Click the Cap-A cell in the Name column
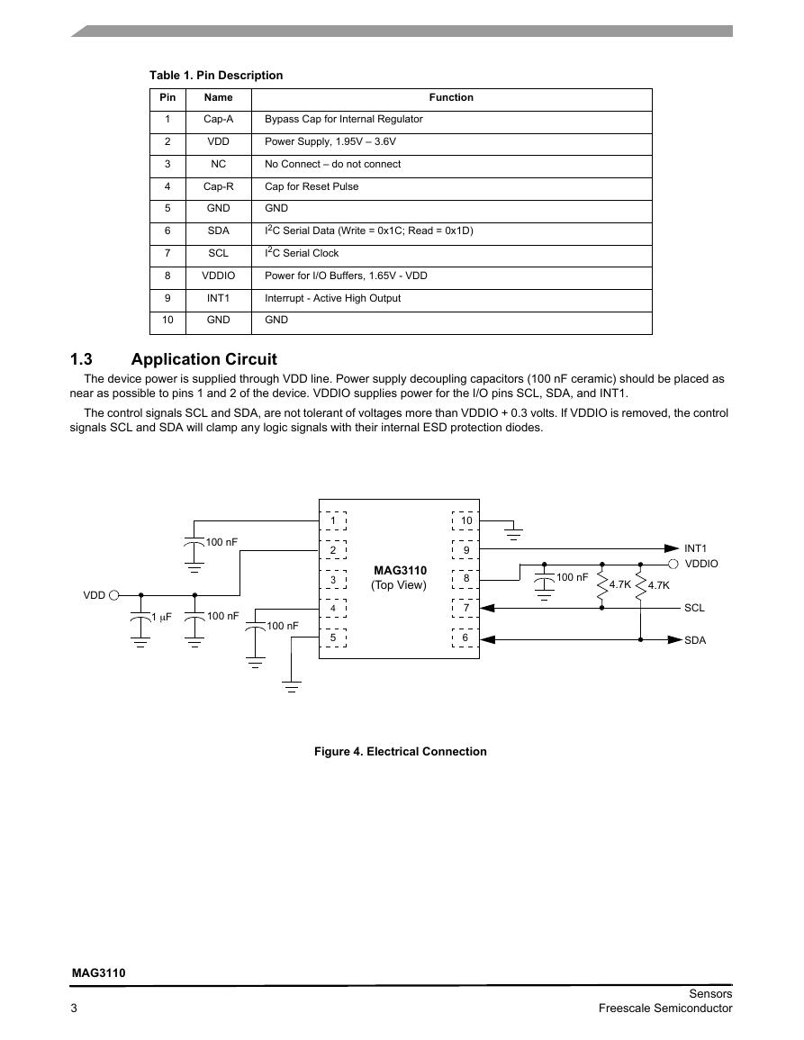218,120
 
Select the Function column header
451,97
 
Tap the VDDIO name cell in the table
218,276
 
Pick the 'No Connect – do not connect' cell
332,165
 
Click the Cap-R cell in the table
218,187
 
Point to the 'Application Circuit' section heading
203,359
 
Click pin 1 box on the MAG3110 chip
333,520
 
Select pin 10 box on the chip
465,520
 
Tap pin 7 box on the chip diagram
465,608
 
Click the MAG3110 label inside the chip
400,570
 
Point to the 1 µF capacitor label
161,618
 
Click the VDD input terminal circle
113,595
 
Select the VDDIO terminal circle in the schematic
673,564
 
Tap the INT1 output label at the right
695,548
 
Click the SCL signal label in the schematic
694,608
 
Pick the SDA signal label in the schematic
695,641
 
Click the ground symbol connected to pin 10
513,533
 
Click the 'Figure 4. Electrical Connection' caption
400,752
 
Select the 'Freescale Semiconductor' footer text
665,1008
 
